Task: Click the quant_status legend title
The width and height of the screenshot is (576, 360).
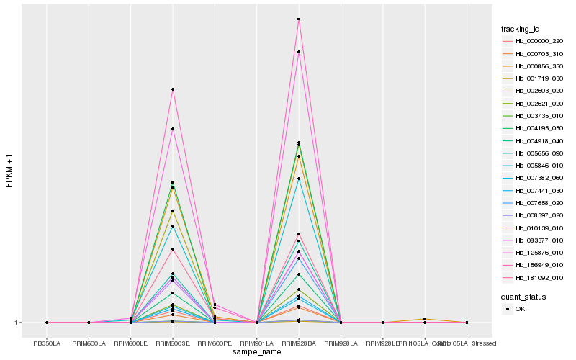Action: pos(523,296)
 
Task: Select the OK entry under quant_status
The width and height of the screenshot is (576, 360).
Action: pos(521,309)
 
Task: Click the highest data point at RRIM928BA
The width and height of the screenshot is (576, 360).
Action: pos(299,19)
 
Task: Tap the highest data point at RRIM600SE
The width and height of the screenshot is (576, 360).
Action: pos(173,89)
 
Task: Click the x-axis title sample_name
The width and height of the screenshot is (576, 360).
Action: pos(257,352)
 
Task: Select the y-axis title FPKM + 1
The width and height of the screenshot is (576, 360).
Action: pos(9,171)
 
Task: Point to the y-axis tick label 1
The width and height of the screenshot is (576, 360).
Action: pos(16,323)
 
